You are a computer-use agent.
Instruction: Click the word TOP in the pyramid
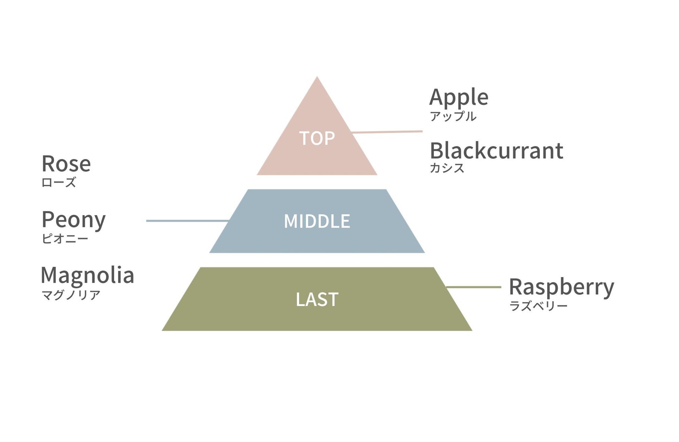point(317,138)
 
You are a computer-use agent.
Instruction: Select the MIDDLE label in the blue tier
point(317,221)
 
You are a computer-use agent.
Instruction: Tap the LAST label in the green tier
point(317,299)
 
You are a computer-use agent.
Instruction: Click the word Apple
point(459,97)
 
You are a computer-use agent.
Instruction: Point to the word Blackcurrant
point(496,151)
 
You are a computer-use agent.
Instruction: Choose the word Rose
point(66,164)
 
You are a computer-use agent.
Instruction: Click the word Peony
point(73,220)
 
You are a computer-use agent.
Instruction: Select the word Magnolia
point(87,275)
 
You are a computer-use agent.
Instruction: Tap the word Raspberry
point(561,287)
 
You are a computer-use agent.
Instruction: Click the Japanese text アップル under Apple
point(453,116)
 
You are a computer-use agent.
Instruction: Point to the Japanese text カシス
point(447,168)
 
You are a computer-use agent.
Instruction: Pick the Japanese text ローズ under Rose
point(58,182)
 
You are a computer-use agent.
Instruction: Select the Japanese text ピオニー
point(65,239)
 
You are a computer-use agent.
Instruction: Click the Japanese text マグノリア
point(71,295)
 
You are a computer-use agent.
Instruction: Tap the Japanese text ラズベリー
point(538,306)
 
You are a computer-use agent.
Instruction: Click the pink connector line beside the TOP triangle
point(387,132)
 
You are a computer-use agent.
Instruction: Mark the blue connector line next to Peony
point(187,221)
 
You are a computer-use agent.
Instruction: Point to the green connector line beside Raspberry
point(474,287)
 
